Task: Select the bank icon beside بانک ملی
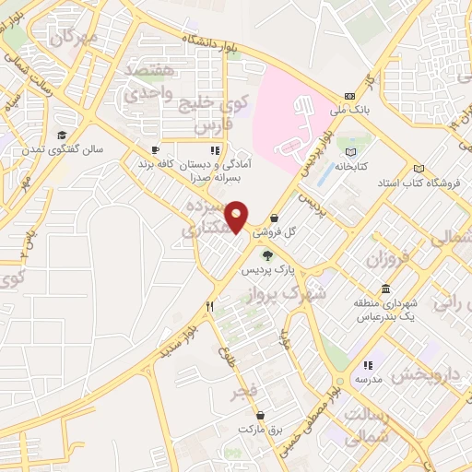point(348,96)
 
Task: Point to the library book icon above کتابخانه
point(350,153)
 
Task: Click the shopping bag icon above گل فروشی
point(274,217)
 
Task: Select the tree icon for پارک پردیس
point(267,256)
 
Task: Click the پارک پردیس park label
point(265,272)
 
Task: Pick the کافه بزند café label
point(156,163)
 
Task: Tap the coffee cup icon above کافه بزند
point(155,148)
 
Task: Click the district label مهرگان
point(75,39)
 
